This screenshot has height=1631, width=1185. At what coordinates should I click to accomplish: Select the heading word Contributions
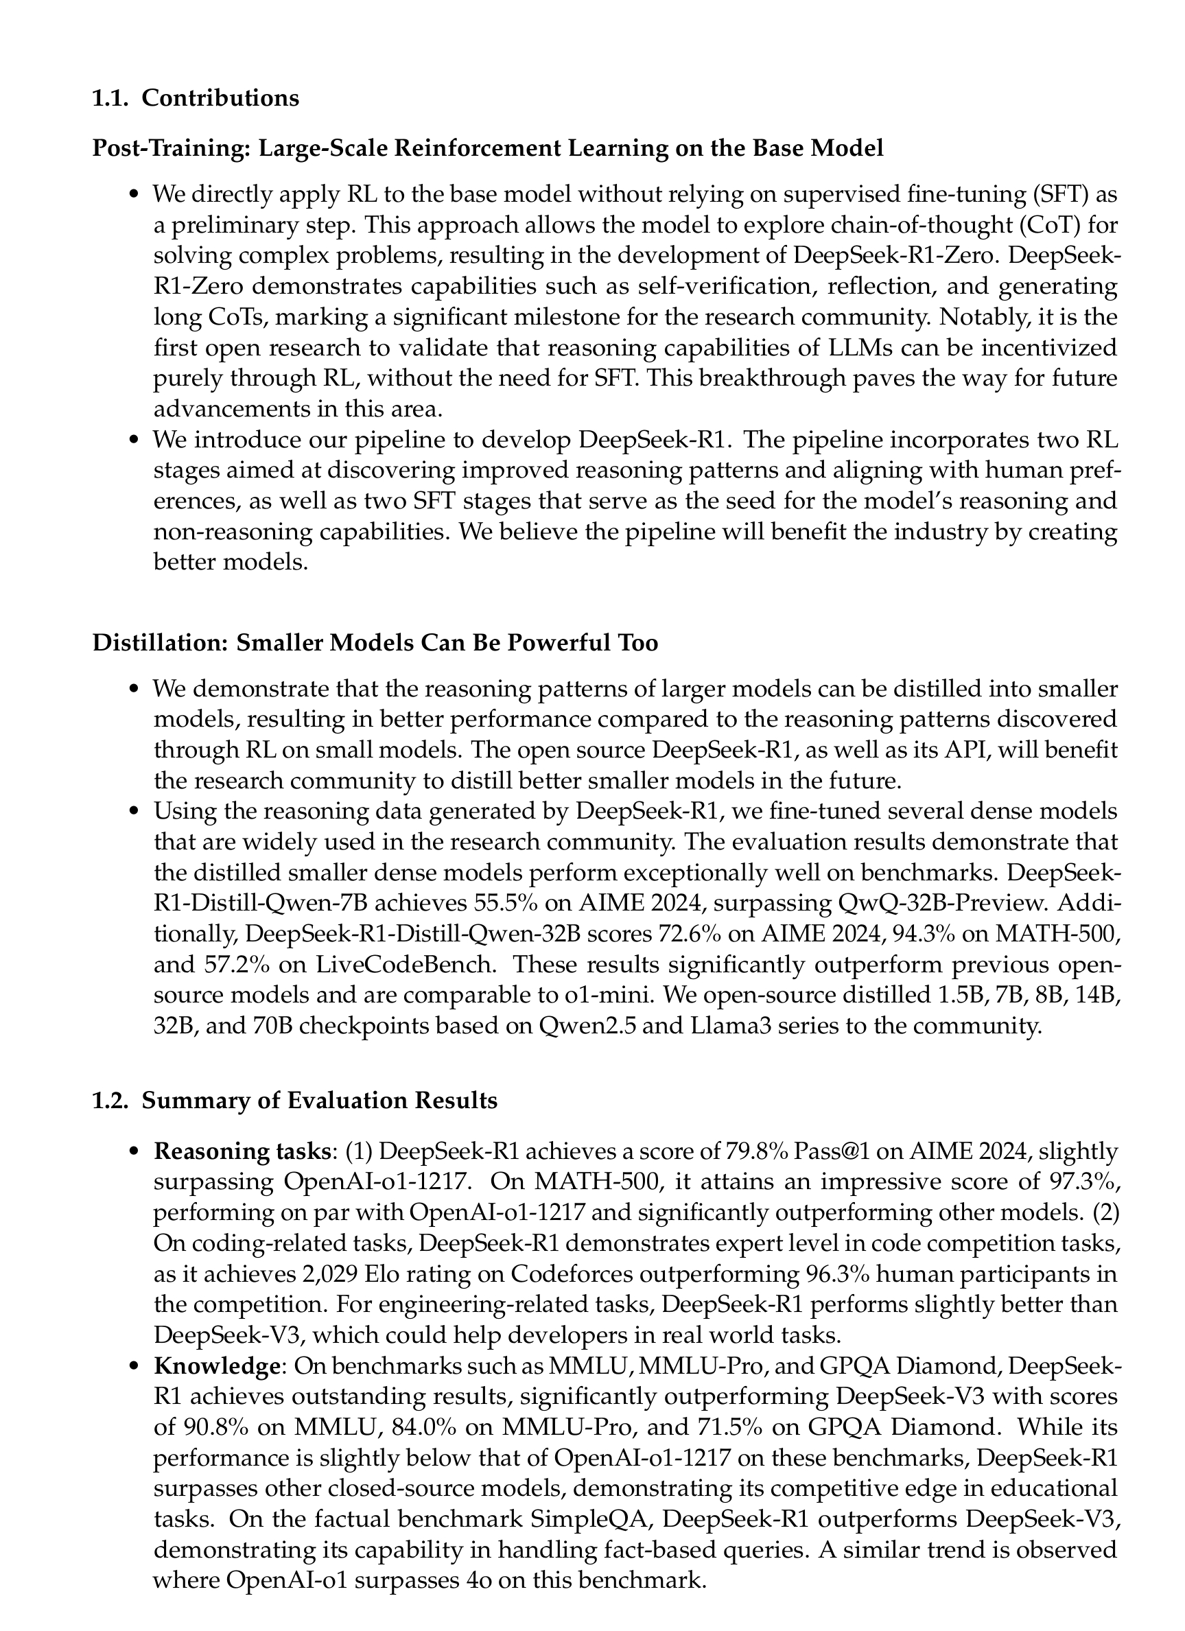[220, 98]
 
